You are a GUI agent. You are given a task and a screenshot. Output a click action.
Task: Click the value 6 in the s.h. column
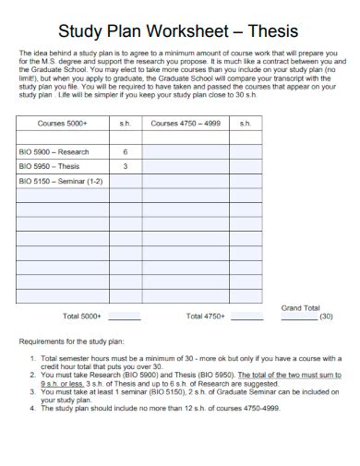125,152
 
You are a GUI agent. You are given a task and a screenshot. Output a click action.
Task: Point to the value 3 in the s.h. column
125,167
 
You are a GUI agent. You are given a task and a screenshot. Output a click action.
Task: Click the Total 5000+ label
81,317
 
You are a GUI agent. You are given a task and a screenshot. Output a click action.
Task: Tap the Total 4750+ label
205,317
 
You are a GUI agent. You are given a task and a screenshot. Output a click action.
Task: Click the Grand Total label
300,307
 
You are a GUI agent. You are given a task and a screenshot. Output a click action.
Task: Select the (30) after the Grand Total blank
326,317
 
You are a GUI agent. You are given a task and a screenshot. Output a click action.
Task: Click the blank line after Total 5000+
124,318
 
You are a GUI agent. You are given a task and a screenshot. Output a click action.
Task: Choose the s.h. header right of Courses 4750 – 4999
246,123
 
